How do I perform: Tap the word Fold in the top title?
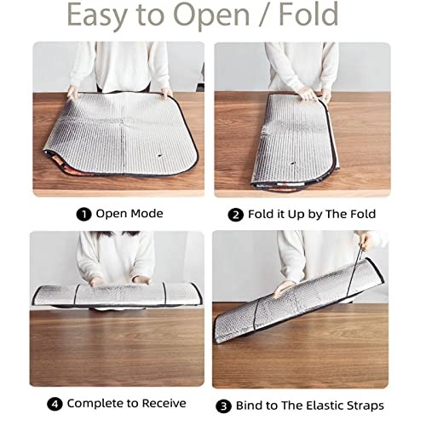coord(308,14)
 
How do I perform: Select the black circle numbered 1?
coord(83,214)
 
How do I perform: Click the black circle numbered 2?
coord(236,215)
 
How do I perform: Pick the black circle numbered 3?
coord(223,406)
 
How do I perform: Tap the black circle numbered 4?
coord(55,404)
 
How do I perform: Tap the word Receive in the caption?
coord(164,403)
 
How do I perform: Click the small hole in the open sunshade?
coord(159,155)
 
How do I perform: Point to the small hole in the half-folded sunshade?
coord(292,164)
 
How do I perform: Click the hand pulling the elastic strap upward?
coord(365,241)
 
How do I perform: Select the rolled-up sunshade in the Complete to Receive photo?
coord(118,296)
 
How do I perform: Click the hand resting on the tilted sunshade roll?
coord(284,289)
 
